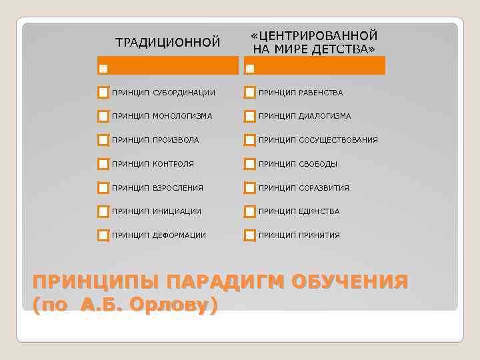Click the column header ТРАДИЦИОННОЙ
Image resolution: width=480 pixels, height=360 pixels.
point(168,43)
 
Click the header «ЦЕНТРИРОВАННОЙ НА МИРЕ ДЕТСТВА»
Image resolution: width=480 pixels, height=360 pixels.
point(313,42)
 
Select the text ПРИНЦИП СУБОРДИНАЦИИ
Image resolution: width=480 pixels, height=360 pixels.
point(163,92)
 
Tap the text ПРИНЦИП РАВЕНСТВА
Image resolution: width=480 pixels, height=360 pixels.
point(301,92)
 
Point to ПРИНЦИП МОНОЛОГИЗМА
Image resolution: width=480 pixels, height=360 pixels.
point(162,116)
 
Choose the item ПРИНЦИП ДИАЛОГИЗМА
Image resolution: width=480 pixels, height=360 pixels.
point(305,116)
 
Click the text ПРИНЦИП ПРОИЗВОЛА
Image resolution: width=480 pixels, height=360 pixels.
point(155,140)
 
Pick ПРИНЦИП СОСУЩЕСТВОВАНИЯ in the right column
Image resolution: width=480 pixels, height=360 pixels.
point(318,140)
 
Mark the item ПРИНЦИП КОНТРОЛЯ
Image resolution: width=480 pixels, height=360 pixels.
point(153,164)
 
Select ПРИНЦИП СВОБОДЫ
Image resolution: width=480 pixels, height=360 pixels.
point(298,164)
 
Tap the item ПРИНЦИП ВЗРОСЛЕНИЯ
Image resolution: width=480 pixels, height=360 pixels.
point(157,188)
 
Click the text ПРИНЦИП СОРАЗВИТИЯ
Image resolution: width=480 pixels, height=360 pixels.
point(304,188)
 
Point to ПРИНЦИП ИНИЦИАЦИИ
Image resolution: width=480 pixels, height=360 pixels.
point(157,211)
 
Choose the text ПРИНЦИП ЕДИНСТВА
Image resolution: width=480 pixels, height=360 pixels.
point(299,211)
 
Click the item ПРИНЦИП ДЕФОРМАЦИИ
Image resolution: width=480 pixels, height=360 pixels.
point(159,235)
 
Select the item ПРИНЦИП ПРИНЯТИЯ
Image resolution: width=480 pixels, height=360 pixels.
point(299,235)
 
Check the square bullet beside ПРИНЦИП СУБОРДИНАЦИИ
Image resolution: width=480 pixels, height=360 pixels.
point(103,92)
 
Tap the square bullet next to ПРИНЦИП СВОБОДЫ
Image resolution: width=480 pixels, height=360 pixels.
point(250,164)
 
